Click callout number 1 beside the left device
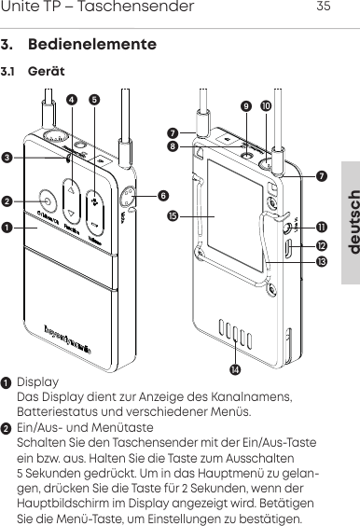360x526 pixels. coord(7,227)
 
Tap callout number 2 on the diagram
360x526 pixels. coord(7,200)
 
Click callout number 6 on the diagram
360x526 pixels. coord(163,195)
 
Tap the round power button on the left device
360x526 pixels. coord(46,201)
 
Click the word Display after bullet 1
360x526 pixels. coord(37,382)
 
